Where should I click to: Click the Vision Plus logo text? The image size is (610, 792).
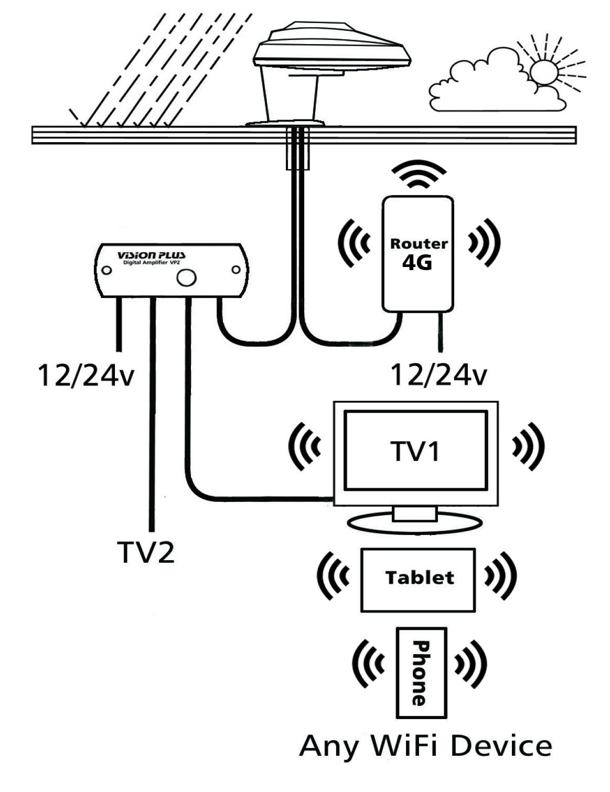pyautogui.click(x=151, y=255)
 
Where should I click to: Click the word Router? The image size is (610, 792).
pyautogui.click(x=419, y=244)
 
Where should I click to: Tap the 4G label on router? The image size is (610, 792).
pyautogui.click(x=418, y=263)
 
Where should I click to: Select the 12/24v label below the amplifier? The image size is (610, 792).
pyautogui.click(x=85, y=376)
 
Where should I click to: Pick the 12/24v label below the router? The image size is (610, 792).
pyautogui.click(x=438, y=376)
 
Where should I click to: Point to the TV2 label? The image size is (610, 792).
pyautogui.click(x=146, y=552)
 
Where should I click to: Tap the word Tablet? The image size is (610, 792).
pyautogui.click(x=419, y=577)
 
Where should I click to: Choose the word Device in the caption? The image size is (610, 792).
pyautogui.click(x=501, y=745)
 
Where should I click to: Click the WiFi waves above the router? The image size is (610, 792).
pyautogui.click(x=420, y=176)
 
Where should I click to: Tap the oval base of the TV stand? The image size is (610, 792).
pyautogui.click(x=414, y=523)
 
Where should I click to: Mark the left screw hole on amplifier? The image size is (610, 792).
pyautogui.click(x=106, y=270)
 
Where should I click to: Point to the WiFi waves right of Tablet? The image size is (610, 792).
pyautogui.click(x=500, y=575)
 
